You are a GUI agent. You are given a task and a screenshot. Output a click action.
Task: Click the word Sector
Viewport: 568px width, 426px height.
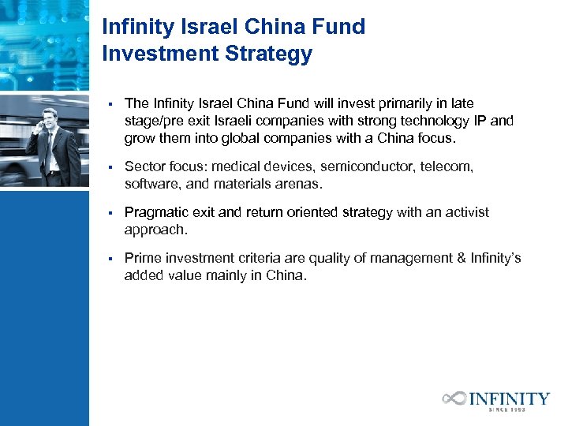coord(144,167)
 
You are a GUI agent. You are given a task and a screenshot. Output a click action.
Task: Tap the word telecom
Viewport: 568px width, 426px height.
coord(448,167)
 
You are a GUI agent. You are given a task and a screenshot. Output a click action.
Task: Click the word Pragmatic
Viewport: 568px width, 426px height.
coord(157,212)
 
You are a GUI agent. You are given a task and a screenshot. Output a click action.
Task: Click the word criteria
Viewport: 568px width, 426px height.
coord(256,258)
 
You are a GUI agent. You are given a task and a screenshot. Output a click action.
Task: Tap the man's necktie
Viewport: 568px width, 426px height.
coord(49,146)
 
